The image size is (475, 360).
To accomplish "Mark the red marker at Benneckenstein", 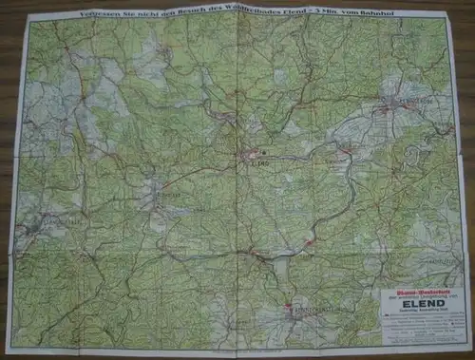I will point(288,306).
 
